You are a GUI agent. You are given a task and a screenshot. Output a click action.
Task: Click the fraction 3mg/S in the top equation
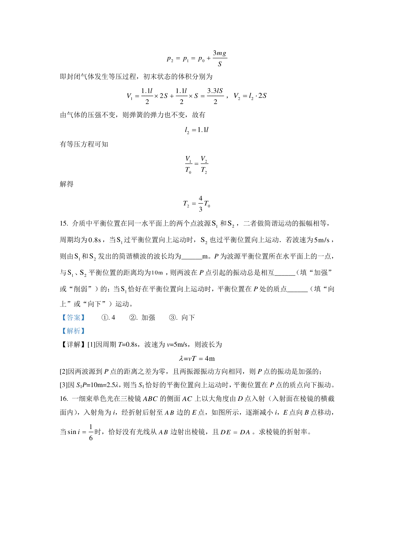pos(220,58)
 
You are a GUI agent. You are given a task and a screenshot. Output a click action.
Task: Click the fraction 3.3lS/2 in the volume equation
pos(215,96)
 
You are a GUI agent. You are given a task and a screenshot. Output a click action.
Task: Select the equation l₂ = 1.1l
pos(196,130)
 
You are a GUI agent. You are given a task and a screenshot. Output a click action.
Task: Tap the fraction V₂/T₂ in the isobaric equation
pos(204,165)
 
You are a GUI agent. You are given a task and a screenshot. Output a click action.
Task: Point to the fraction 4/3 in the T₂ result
pos(201,203)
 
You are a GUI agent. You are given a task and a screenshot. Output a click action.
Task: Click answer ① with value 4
pos(108,318)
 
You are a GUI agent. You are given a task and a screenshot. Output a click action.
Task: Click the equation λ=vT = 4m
pos(197,358)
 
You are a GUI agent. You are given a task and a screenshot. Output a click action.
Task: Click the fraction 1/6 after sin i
pos(91,432)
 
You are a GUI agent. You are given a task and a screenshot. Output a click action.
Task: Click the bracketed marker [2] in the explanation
pos(63,372)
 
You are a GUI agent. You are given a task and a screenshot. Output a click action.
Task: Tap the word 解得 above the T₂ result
pos(67,184)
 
